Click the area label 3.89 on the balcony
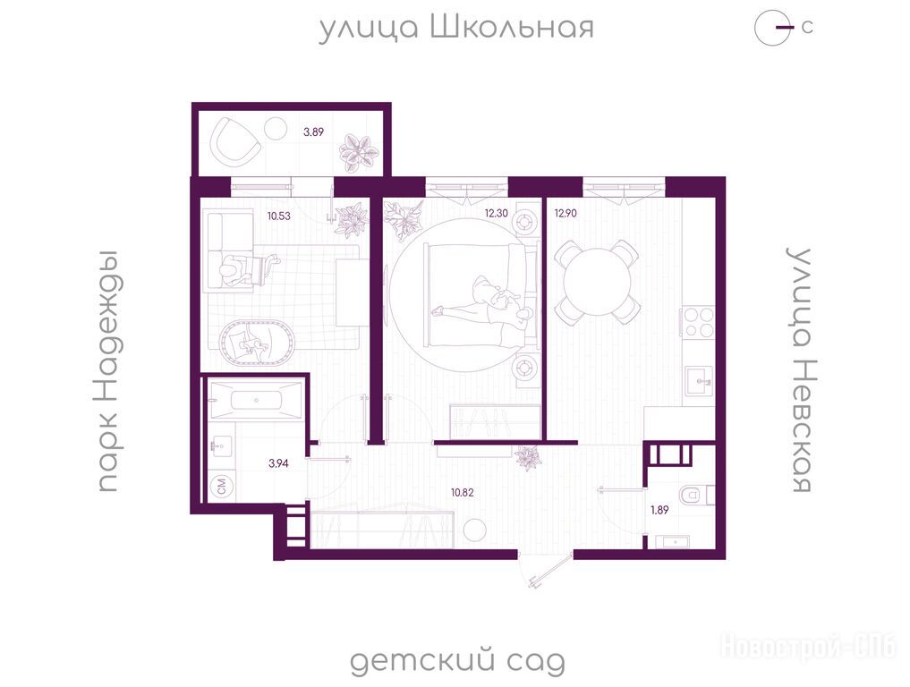coord(313,131)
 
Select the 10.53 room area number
coord(278,216)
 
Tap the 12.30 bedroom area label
coord(497,213)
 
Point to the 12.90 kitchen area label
coord(566,213)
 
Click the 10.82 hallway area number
coord(463,493)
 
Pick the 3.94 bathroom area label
coord(278,463)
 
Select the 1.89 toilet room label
coord(659,510)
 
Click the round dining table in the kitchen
coord(598,283)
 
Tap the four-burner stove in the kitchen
coord(699,322)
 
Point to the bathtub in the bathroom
coord(256,399)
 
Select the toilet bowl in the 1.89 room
coord(696,495)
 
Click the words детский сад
coord(457,661)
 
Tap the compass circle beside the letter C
coord(773,27)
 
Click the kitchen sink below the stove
coord(699,381)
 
